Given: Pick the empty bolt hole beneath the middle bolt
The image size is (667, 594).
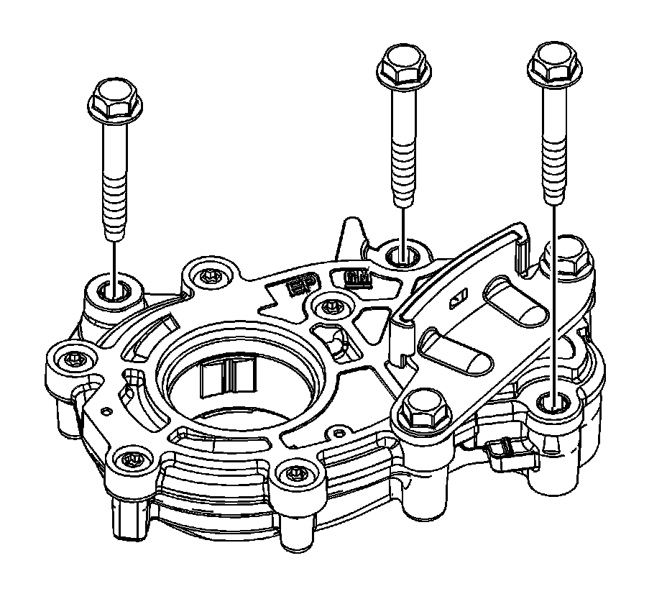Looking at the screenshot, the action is click(x=402, y=254).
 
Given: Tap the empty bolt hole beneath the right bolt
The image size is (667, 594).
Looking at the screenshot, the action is click(x=554, y=401).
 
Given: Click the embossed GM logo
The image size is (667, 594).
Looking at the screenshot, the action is click(x=357, y=278).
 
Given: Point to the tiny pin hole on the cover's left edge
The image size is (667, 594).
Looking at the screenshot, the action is click(x=107, y=411).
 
